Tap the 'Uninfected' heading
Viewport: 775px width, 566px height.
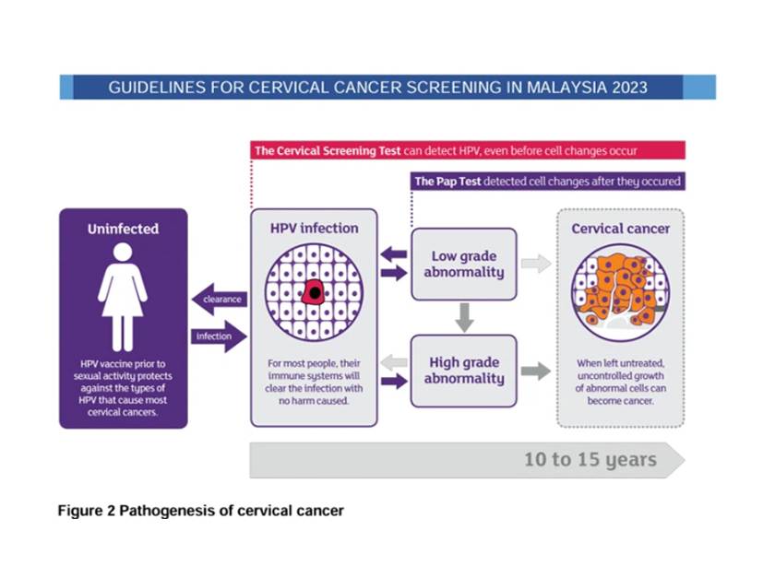123,229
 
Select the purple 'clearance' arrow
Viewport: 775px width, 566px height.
217,299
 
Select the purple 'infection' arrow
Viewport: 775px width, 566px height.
219,336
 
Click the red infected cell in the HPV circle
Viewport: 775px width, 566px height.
314,291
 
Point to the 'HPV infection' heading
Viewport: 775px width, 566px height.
314,228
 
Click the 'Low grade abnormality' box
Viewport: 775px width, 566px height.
463,264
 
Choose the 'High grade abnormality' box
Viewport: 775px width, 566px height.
463,371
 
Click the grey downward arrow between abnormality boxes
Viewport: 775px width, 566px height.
465,317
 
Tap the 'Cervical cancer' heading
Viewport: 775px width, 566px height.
620,228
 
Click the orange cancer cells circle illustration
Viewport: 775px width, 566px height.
620,290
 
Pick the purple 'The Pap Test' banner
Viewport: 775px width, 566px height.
547,182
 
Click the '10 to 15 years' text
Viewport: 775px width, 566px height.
590,459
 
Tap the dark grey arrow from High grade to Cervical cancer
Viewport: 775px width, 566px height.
536,371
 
